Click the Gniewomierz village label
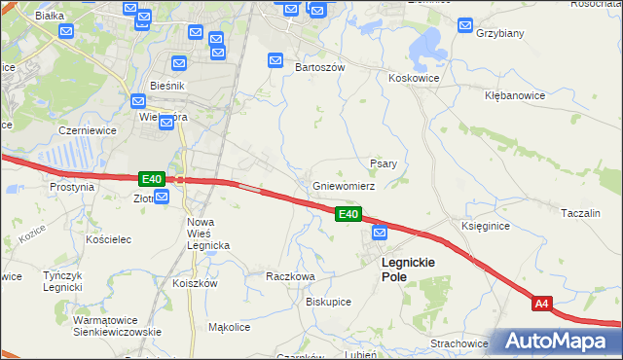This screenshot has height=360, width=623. coord(343,185)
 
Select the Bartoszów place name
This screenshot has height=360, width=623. coord(320,68)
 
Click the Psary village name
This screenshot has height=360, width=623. coord(383,163)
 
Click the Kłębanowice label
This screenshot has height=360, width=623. coord(516,96)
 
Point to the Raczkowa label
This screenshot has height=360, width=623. coord(290,276)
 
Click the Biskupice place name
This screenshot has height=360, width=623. coord(328,302)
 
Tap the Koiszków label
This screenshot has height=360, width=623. coord(194,283)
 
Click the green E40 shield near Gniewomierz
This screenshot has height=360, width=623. coord(348,214)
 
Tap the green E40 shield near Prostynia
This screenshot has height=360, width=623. coord(151,179)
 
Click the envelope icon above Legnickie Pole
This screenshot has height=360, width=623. coord(380,233)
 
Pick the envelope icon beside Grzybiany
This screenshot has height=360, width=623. coord(465,25)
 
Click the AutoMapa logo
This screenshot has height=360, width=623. coord(558,342)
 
